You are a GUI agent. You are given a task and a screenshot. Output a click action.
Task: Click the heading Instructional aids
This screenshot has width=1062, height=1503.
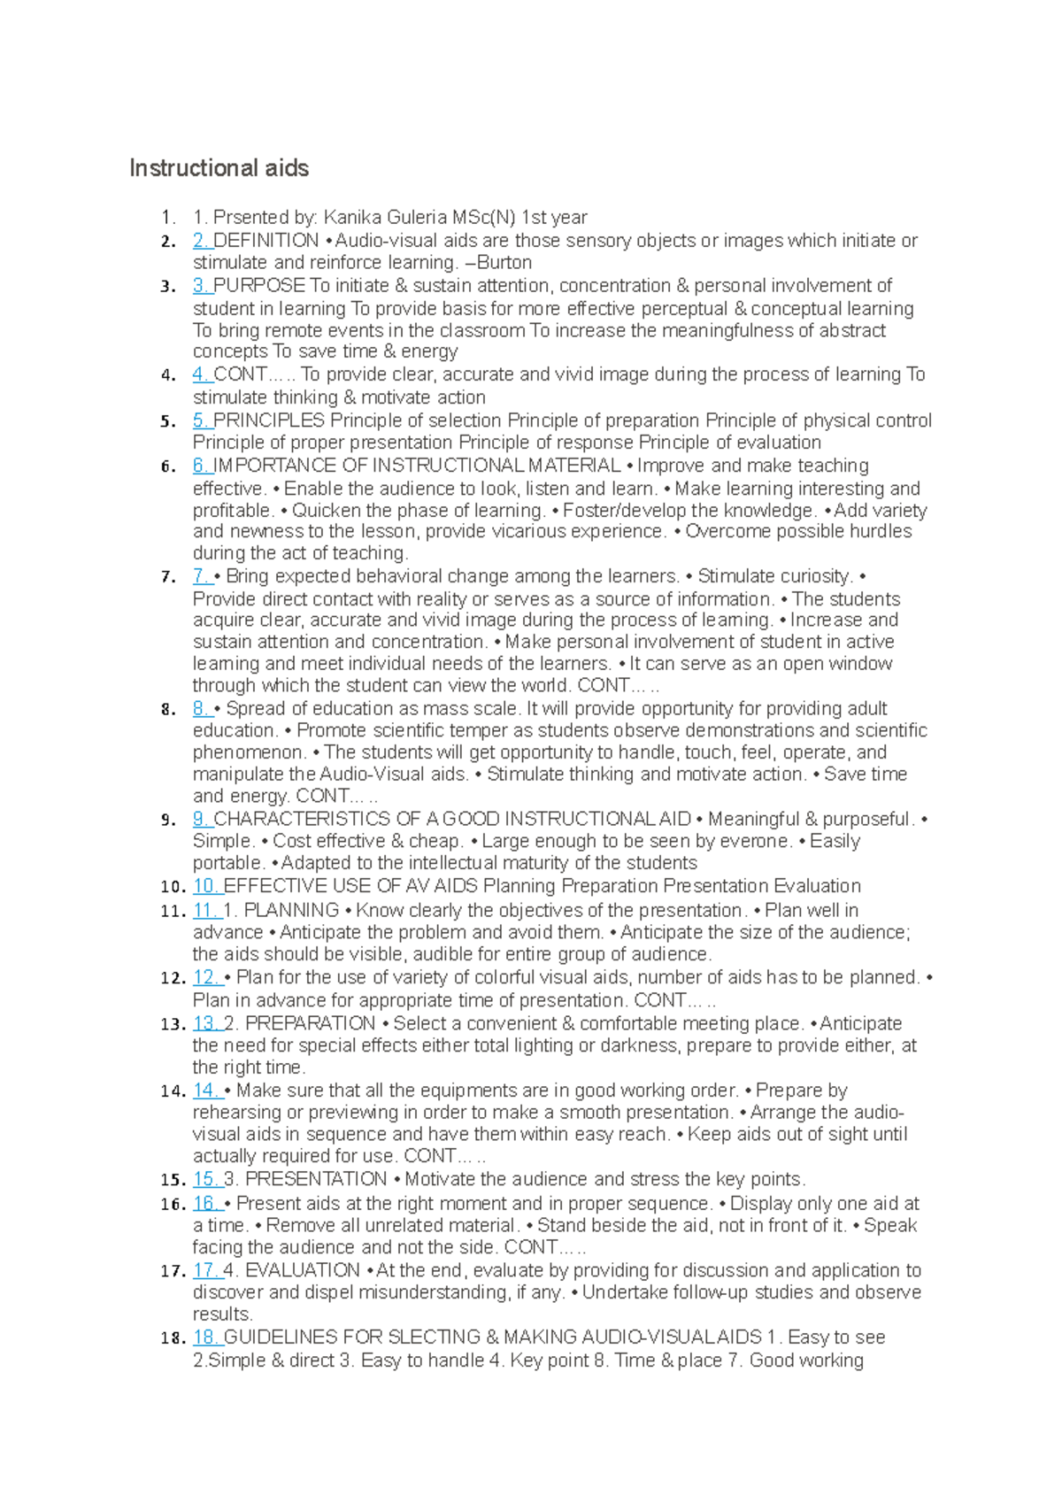[x=219, y=168]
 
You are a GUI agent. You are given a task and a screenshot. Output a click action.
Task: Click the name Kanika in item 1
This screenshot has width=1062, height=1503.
[x=350, y=218]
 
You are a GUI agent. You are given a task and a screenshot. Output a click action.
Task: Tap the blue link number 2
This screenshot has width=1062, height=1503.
[x=201, y=241]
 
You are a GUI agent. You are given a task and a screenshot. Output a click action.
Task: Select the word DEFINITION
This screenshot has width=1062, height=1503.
[x=266, y=241]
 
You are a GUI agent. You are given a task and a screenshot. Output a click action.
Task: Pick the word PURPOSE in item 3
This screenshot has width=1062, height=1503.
[x=259, y=286]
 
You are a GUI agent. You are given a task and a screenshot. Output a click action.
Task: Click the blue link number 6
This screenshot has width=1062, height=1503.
[x=201, y=466]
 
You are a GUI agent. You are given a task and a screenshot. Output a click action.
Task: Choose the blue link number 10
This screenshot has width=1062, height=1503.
[x=205, y=886]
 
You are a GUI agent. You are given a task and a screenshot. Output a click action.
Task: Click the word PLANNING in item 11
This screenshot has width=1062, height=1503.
[x=291, y=911]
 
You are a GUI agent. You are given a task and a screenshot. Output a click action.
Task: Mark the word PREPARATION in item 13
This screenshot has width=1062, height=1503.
[x=310, y=1023]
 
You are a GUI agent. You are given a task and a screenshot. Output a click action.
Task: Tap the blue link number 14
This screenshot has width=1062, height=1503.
[x=205, y=1091]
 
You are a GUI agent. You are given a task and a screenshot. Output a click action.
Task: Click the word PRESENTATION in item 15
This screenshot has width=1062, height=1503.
[x=316, y=1180]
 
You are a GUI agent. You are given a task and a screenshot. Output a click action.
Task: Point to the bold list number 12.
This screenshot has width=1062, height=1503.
[x=173, y=979]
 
